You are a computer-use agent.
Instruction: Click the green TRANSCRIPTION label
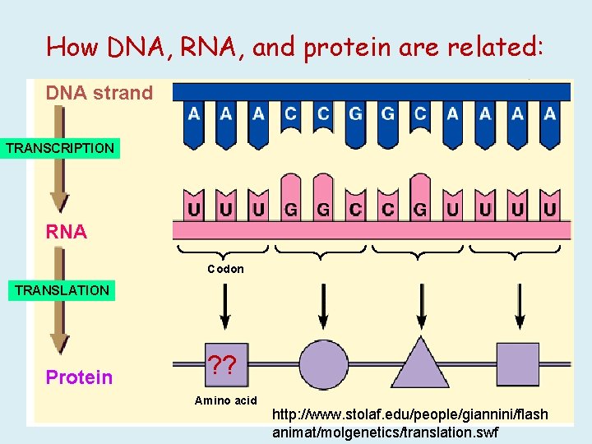click(x=60, y=149)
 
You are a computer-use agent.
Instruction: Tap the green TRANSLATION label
click(x=62, y=290)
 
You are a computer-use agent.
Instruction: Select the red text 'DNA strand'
click(x=99, y=93)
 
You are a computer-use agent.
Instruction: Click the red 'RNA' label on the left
click(x=67, y=232)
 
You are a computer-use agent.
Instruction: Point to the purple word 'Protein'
click(x=79, y=377)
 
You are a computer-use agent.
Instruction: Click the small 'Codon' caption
click(x=225, y=269)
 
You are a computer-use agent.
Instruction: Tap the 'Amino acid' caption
click(x=225, y=400)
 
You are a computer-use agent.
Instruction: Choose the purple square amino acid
click(x=518, y=363)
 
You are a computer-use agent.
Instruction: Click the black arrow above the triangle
click(x=420, y=308)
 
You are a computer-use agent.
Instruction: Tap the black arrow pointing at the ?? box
click(x=225, y=308)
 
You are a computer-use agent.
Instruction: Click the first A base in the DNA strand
click(x=193, y=114)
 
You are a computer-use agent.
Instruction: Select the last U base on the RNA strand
click(x=549, y=210)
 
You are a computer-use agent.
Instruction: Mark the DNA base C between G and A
click(x=420, y=114)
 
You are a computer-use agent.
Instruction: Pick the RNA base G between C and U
click(x=420, y=210)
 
